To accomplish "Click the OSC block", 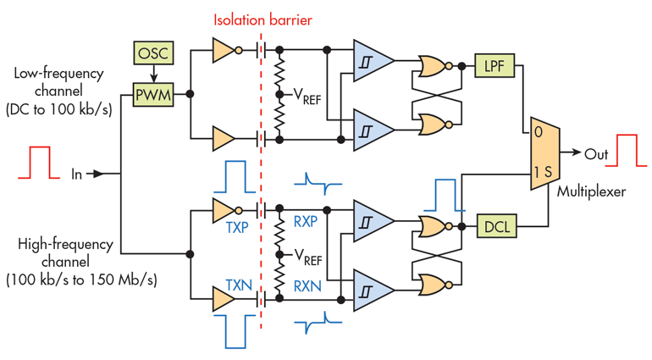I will point(153,54).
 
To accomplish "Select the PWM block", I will point(153,94).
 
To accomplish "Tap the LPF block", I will point(495,64).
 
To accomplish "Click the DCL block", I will point(495,226).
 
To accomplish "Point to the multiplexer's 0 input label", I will point(538,133).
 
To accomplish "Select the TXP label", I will point(236,229).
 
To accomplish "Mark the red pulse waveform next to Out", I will point(627,149).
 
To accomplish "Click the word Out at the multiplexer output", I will point(595,153).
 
